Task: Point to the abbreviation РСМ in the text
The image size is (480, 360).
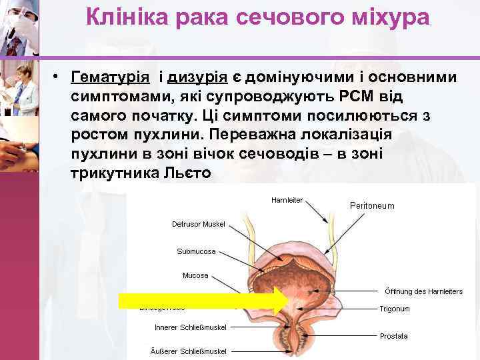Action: point(360,97)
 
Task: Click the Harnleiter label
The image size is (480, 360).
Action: point(287,200)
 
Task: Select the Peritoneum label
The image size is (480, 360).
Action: point(372,206)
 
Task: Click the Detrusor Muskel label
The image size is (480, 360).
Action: point(199,224)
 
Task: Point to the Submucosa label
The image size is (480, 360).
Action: point(196,251)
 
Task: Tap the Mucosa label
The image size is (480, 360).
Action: point(195,275)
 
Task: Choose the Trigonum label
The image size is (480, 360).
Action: point(395,309)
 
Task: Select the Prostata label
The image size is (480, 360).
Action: point(393,336)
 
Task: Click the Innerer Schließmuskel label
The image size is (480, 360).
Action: point(191,327)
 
